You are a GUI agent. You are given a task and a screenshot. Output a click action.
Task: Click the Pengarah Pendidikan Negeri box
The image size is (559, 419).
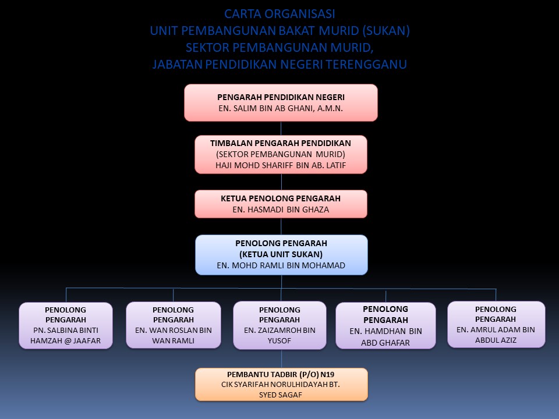coord(281,102)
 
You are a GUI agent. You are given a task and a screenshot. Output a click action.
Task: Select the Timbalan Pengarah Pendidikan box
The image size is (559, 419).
coord(281,154)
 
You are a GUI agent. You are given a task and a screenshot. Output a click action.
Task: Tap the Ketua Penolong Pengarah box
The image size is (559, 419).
coord(281,204)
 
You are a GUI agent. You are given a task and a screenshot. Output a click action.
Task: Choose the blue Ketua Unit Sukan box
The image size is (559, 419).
coord(281,254)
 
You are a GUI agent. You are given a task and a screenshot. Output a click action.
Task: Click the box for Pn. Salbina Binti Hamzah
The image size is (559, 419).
coord(66,325)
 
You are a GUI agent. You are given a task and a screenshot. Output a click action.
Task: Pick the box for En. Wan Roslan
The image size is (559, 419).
coord(173,325)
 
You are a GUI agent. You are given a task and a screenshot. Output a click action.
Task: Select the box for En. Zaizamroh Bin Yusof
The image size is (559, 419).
coord(279,325)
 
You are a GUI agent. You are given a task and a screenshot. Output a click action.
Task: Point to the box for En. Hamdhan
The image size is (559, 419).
coord(385,325)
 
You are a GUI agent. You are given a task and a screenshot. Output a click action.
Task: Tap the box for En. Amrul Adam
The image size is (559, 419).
coord(496,324)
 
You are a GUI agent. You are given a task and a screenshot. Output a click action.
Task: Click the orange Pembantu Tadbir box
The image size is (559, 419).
coord(281,384)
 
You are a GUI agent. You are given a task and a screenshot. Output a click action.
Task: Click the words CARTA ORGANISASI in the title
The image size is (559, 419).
coord(279,14)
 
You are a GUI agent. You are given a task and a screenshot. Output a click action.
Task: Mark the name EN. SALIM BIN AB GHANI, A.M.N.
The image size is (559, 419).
coord(281,108)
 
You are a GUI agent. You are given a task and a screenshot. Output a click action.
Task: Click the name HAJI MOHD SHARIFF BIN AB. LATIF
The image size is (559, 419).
coord(281,165)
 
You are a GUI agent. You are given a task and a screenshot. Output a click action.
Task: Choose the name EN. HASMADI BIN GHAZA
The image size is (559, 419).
coord(281,210)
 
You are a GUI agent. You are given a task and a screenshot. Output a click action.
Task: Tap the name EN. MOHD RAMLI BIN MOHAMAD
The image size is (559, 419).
coord(281,265)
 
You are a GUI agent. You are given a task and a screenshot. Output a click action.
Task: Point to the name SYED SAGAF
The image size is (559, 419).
coord(281,395)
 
